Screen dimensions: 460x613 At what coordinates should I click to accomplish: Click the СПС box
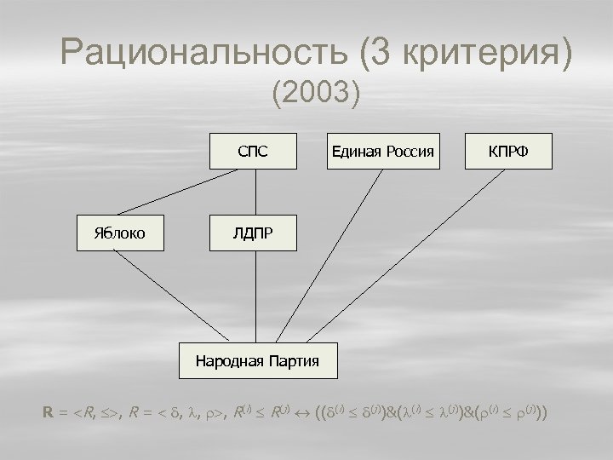click(253, 151)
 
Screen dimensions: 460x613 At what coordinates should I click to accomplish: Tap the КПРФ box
click(507, 151)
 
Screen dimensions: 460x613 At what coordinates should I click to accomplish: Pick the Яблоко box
click(119, 233)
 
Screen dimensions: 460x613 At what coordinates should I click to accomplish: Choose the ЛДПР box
click(253, 233)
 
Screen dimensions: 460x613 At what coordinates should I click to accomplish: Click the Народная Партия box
click(257, 360)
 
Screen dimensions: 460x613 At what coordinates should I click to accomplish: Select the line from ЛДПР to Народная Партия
click(256, 298)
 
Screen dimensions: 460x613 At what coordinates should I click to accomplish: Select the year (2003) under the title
click(317, 92)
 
